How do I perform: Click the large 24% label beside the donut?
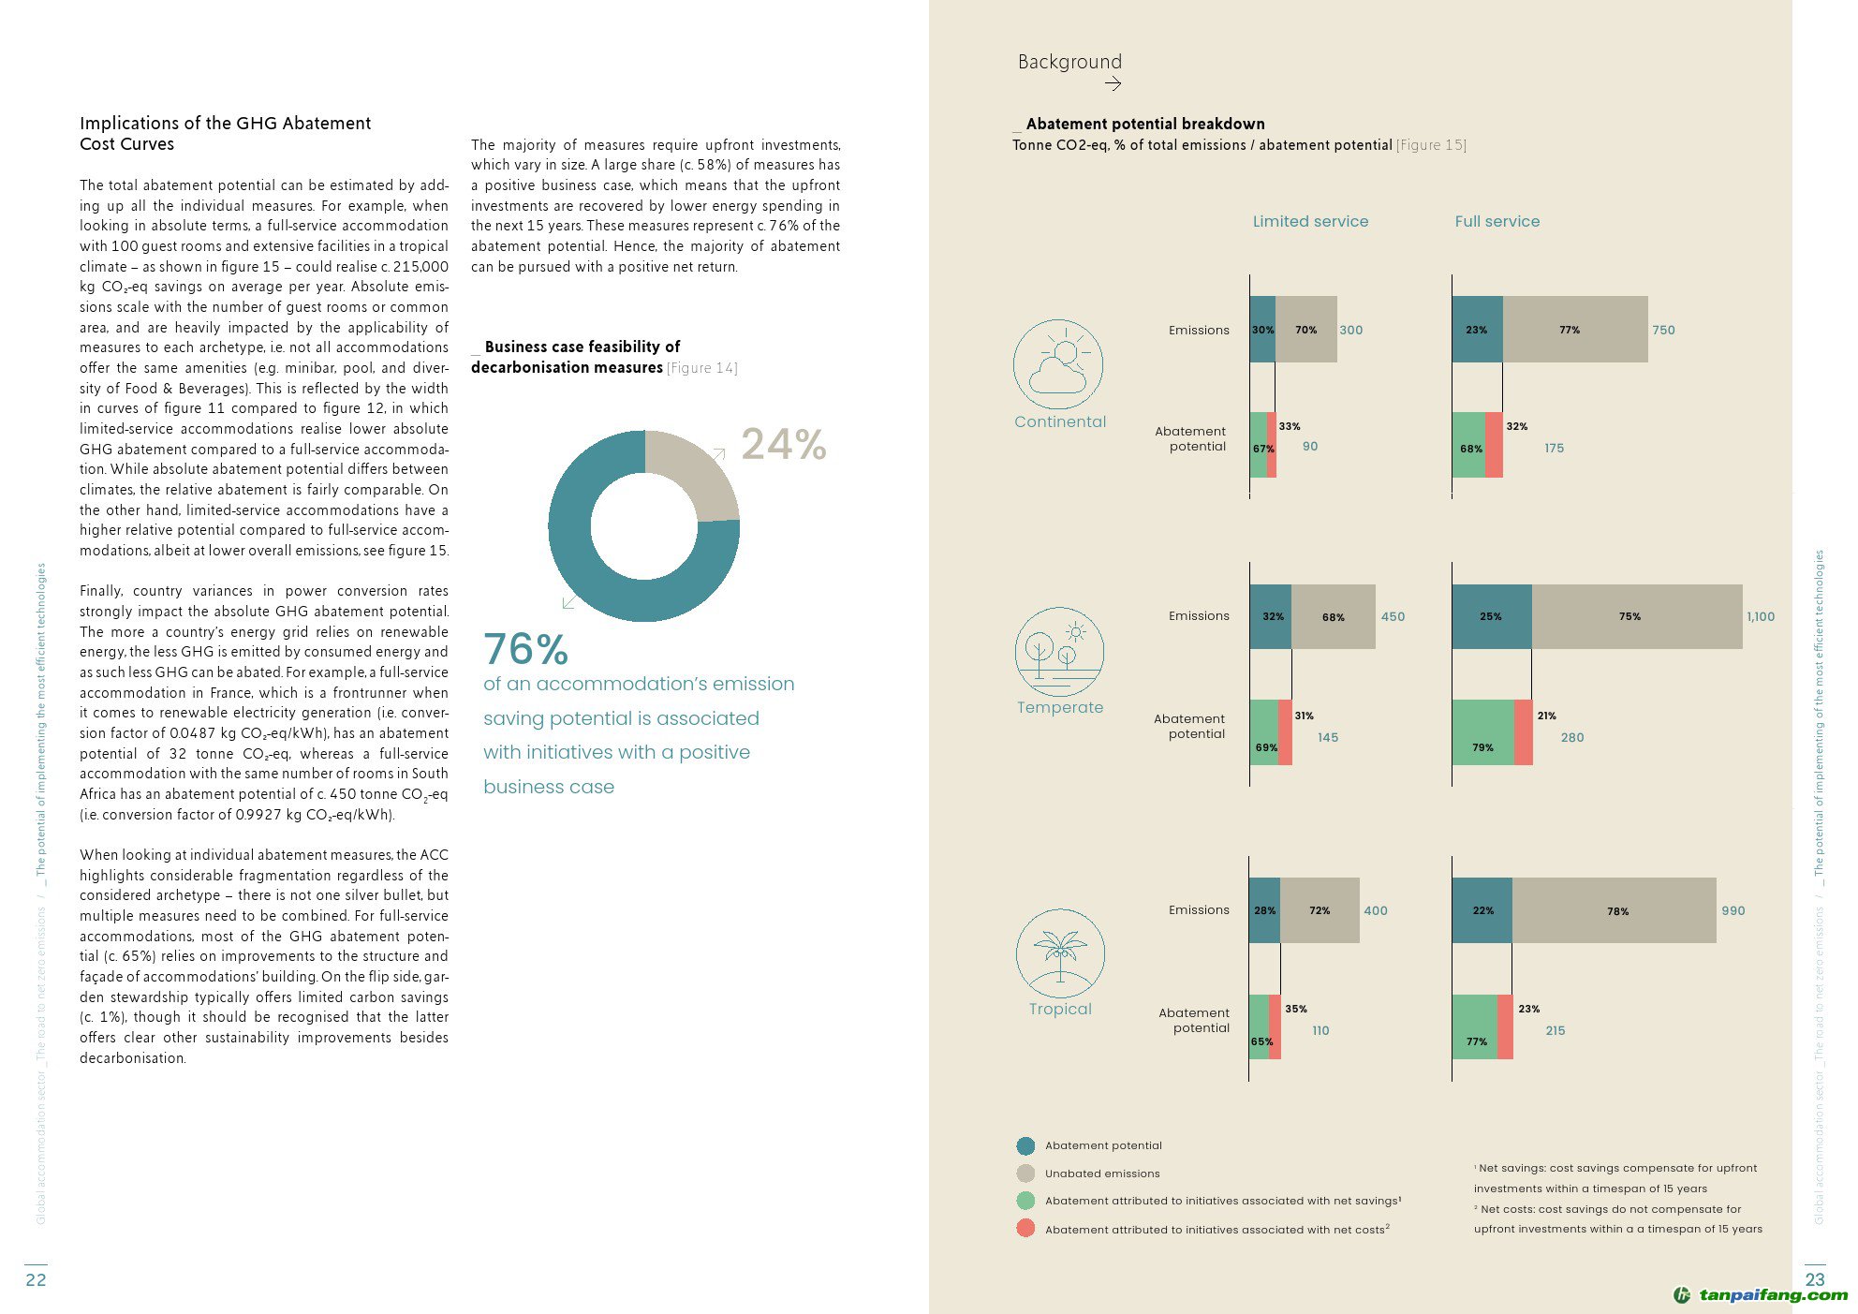tap(784, 444)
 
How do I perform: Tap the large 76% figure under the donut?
tap(525, 648)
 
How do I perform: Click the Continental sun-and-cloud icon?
tap(1058, 364)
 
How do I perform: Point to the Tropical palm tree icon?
tap(1060, 952)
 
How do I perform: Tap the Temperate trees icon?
tap(1059, 651)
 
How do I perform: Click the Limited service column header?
tap(1310, 221)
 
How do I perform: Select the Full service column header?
tap(1497, 221)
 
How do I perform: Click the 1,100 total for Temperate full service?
tap(1760, 616)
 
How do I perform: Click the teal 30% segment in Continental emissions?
tap(1262, 330)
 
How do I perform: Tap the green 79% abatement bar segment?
tap(1482, 732)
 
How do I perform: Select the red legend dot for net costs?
tap(1025, 1228)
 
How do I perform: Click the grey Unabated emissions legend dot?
tap(1025, 1173)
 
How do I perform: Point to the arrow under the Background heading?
tap(1113, 84)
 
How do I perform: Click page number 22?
tap(36, 1279)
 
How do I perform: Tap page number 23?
tap(1814, 1279)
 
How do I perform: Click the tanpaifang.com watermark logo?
tap(1761, 1295)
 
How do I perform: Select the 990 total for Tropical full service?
tap(1733, 910)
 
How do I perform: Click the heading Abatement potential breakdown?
tap(1144, 124)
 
